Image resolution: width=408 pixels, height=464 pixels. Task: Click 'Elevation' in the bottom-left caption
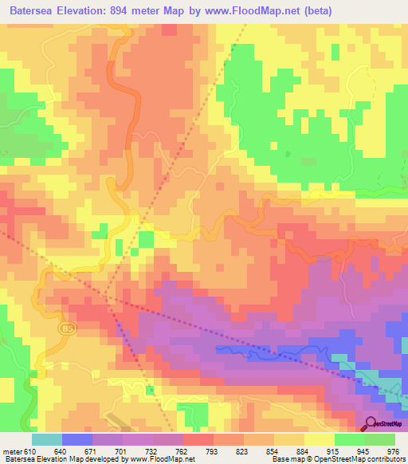pos(57,459)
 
